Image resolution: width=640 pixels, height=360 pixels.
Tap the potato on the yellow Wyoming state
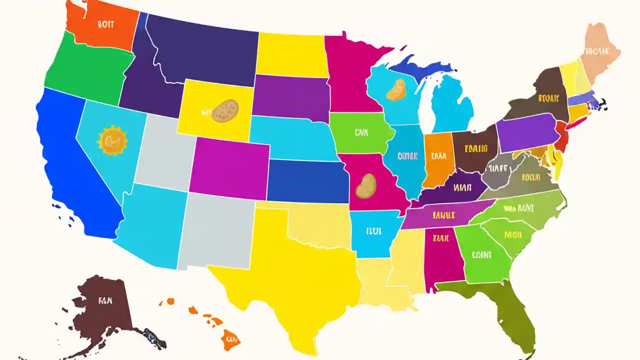pyautogui.click(x=225, y=111)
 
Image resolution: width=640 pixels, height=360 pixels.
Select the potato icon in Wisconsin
pyautogui.click(x=396, y=89)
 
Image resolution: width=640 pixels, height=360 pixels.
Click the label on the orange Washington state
pyautogui.click(x=106, y=23)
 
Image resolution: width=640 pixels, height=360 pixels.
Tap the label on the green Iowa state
pyautogui.click(x=361, y=133)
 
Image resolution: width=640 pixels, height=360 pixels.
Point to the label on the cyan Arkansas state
pyautogui.click(x=373, y=231)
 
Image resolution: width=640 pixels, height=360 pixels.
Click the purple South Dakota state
pyautogui.click(x=290, y=97)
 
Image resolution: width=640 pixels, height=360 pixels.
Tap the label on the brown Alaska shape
pyautogui.click(x=106, y=301)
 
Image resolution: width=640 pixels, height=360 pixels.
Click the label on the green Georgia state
pyautogui.click(x=482, y=254)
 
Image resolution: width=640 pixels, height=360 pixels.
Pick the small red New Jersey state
pyautogui.click(x=561, y=138)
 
